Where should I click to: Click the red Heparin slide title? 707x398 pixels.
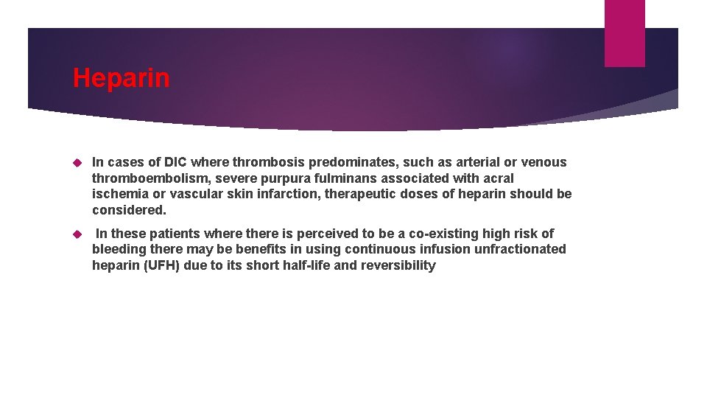(x=121, y=78)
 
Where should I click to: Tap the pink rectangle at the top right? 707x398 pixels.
(x=624, y=33)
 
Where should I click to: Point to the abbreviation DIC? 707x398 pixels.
(x=176, y=162)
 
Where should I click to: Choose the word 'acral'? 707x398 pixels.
(x=497, y=178)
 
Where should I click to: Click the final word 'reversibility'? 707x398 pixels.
(x=398, y=265)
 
